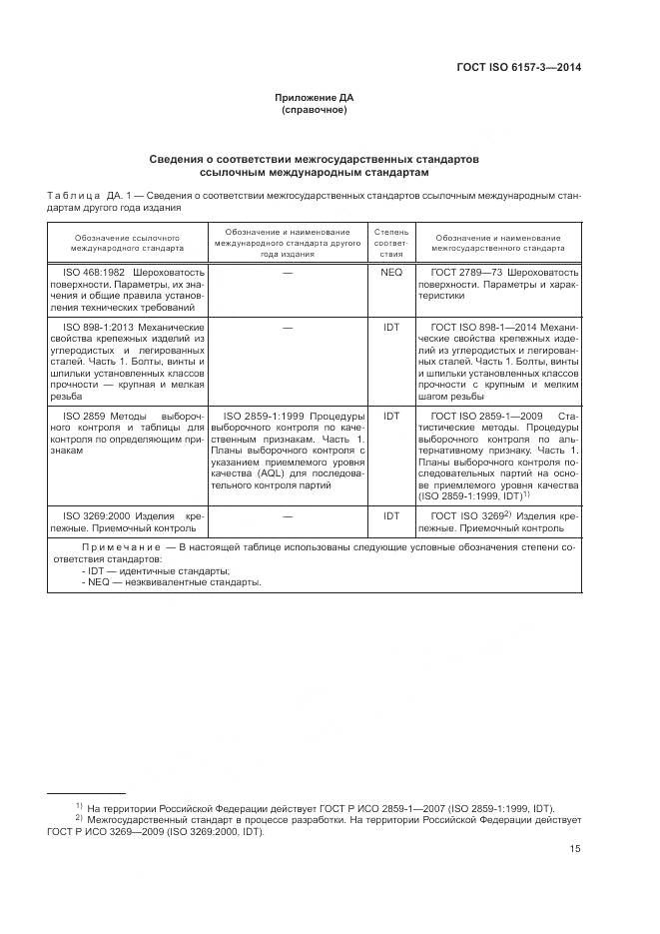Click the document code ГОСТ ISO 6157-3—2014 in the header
click(x=519, y=68)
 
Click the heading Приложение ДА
click(x=315, y=97)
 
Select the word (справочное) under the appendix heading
click(x=315, y=110)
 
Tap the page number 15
click(x=575, y=849)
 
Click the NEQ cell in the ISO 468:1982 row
click(x=391, y=272)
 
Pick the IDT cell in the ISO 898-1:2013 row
click(x=391, y=327)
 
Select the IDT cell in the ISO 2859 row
click(x=391, y=415)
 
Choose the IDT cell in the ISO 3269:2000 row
click(x=391, y=515)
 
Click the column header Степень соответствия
click(x=391, y=243)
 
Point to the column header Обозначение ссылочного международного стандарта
click(x=128, y=243)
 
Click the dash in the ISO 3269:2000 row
click(x=288, y=515)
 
